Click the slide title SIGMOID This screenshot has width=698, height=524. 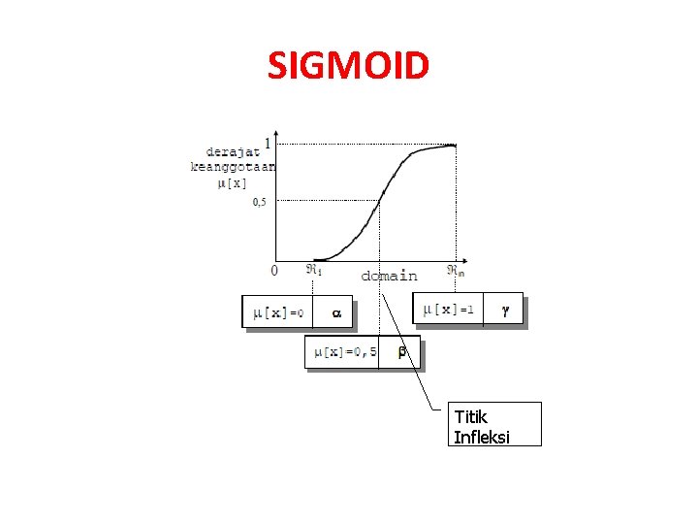click(x=348, y=66)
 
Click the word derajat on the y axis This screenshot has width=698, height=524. click(x=233, y=150)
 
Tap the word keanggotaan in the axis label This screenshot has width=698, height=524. click(x=233, y=166)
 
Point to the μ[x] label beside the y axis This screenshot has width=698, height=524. click(x=232, y=181)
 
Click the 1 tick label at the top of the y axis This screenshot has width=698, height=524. click(x=268, y=143)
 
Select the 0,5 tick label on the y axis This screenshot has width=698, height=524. click(x=260, y=202)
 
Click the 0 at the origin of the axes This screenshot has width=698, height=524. click(x=273, y=271)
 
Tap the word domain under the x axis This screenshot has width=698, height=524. click(x=389, y=276)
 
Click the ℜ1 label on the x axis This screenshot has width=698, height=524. click(x=314, y=270)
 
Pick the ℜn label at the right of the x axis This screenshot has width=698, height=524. click(x=455, y=271)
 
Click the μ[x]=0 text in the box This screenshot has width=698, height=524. click(x=278, y=312)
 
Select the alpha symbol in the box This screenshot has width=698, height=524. click(x=336, y=313)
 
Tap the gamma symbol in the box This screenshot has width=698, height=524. click(x=504, y=310)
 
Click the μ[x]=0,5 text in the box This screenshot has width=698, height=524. click(x=342, y=351)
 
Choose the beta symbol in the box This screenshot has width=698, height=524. click(x=402, y=352)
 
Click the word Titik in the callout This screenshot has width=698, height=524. click(x=470, y=417)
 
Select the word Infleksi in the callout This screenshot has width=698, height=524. click(x=482, y=436)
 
